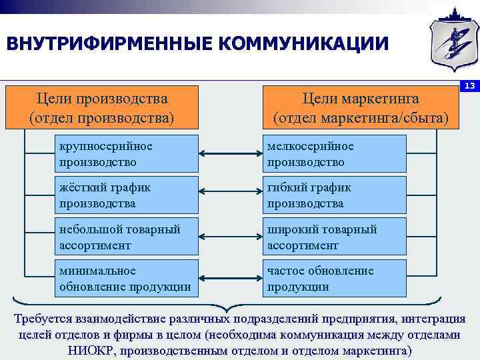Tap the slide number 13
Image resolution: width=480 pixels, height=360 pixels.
click(x=469, y=87)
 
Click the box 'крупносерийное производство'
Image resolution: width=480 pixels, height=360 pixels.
click(x=127, y=154)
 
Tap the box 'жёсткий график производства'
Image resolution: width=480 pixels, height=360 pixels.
click(x=127, y=195)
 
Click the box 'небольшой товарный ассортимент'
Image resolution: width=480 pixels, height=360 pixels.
click(x=127, y=237)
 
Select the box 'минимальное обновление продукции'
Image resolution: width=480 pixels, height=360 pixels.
click(x=127, y=279)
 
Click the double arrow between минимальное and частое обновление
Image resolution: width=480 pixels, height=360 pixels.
click(x=230, y=280)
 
